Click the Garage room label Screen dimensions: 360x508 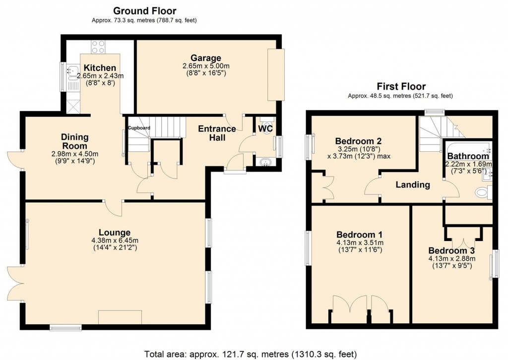tap(204, 58)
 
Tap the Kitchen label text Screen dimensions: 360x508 tap(100, 68)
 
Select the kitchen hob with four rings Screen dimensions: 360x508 tap(97, 47)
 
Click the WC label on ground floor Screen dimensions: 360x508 tap(265, 128)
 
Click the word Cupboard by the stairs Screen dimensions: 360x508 tap(139, 128)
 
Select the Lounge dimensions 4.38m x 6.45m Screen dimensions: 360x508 tap(114, 241)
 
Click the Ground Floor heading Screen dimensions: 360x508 tap(144, 10)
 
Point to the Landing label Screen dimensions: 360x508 tap(412, 185)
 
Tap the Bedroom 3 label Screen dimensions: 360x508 tap(451, 250)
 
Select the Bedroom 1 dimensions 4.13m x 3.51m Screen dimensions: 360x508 tap(359, 243)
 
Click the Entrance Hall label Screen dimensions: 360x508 tap(217, 132)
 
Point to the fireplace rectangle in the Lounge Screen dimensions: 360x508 tap(121, 317)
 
